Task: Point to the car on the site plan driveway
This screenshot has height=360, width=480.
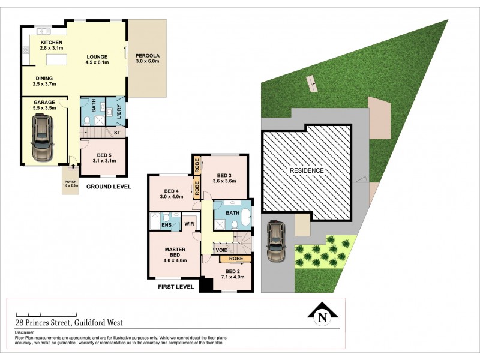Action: point(276,241)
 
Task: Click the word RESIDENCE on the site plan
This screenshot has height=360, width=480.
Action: point(307,170)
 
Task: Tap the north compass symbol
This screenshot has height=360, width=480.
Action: point(323,315)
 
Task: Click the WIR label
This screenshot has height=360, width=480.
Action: point(188,224)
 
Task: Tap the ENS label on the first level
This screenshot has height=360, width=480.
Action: point(166,225)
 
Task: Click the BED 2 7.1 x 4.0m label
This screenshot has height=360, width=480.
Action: point(226,274)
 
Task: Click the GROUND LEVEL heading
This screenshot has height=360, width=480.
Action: point(109,187)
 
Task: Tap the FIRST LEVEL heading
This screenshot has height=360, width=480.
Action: point(175,287)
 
